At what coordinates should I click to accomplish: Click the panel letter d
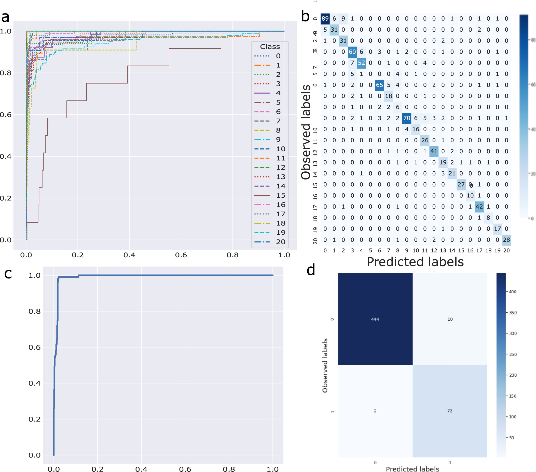pos(311,270)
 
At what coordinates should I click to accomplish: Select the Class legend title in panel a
pos(270,47)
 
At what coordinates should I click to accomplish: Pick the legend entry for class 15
pos(270,195)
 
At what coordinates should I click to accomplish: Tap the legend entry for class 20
pos(270,242)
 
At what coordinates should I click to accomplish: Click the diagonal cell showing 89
pos(325,19)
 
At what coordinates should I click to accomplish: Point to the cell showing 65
pos(379,85)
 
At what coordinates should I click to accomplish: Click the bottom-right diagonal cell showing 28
pos(506,240)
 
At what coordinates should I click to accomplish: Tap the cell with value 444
pos(375,319)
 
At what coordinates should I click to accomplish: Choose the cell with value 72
pos(450,411)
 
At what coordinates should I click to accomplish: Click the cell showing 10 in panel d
pos(450,319)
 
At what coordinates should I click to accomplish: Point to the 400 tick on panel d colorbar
pos(512,292)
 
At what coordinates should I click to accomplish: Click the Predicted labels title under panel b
pos(415,262)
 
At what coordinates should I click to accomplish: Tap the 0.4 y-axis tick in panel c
pos(34,383)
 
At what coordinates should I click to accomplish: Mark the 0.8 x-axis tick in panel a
pos(232,255)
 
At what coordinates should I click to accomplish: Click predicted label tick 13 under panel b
pos(443,251)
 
